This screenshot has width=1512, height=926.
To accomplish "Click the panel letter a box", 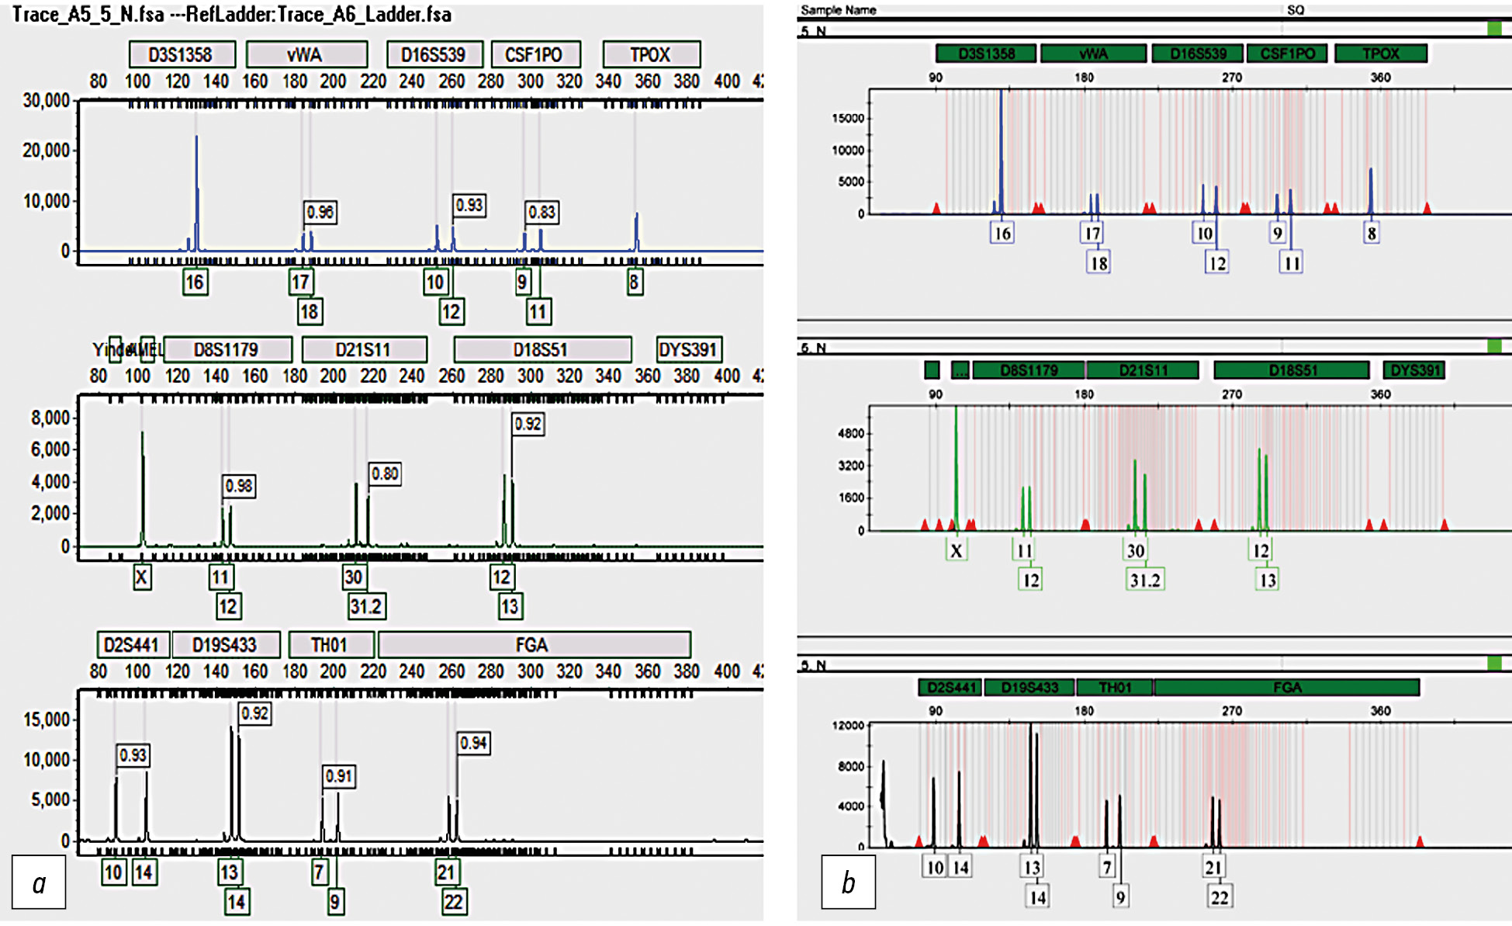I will pos(39,882).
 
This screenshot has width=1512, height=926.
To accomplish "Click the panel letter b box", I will pos(848,882).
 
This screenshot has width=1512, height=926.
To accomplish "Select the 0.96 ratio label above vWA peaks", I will pos(320,212).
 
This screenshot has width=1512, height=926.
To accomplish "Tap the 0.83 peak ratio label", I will pos(541,212).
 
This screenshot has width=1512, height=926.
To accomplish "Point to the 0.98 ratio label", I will pos(239,486).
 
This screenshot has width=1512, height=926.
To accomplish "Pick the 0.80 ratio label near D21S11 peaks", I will pos(385,473).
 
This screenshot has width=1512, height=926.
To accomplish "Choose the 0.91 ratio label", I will pos(339,776).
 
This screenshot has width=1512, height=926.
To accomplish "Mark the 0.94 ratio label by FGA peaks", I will pos(473,743).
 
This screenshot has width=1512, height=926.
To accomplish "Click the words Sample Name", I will pos(838,10).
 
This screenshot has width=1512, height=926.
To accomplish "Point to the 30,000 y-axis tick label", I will pos(46,100).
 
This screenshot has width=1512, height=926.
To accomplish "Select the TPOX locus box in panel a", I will pos(651,54).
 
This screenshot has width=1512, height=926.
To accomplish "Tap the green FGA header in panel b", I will pos(1286,687).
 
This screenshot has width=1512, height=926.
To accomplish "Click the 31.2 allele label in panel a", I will pos(366,606).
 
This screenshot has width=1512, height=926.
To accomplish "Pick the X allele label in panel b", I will pos(957,550).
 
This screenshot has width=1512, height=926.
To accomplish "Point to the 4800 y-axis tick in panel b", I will pos(851,433).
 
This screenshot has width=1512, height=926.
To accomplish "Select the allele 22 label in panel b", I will pos(1220,897).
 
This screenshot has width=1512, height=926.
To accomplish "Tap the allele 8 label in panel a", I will pos(635,282).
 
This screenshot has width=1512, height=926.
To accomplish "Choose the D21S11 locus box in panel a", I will pos(364,349).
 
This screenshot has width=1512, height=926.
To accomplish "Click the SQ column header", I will pos(1296,10).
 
